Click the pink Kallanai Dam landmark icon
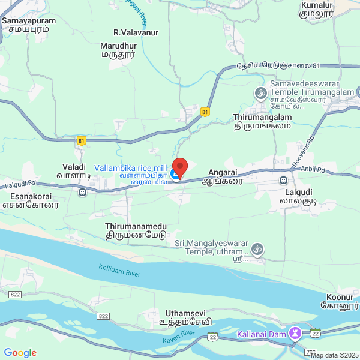295,332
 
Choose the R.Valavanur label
136,32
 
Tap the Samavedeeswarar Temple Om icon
260,92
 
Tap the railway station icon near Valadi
82,192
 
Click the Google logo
20,352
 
